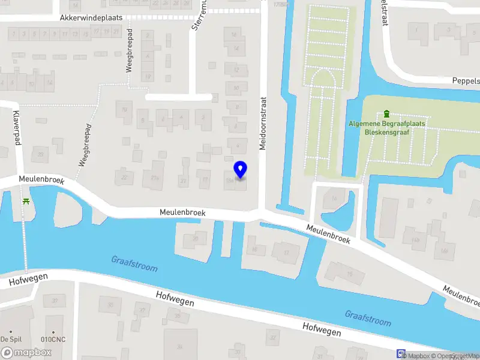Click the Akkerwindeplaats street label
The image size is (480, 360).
click(91, 18)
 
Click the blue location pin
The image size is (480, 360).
click(240, 170)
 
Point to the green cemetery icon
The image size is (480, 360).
click(386, 113)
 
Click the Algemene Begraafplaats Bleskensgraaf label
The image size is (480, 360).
click(386, 128)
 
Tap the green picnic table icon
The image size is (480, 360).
click(26, 201)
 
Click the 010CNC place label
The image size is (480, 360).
click(53, 340)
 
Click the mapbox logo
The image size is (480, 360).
click(26, 353)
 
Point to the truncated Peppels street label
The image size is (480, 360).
click(466, 80)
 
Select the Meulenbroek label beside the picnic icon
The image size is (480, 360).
click(41, 179)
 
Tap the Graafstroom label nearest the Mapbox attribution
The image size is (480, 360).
click(368, 318)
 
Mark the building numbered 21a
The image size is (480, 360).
click(156, 178)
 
